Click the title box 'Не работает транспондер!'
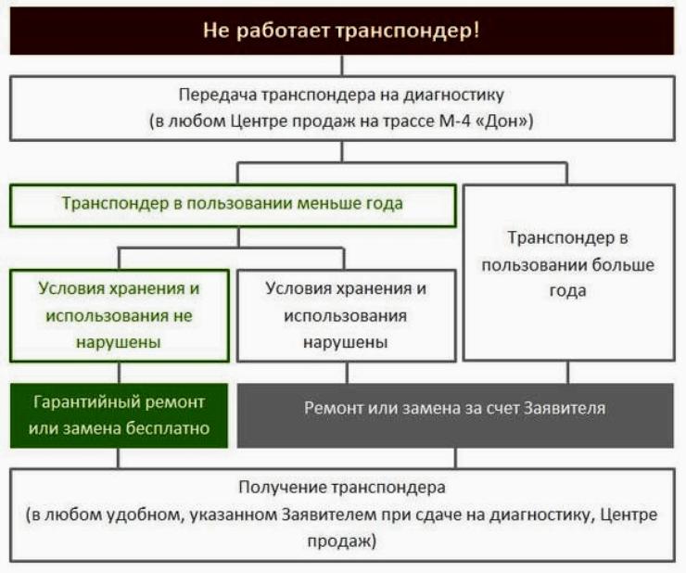(x=342, y=31)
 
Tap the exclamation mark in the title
(x=476, y=31)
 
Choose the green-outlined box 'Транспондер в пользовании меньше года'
(x=233, y=205)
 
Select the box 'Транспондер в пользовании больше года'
(x=569, y=273)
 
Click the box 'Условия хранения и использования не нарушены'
(x=120, y=315)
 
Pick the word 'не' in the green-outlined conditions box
(x=183, y=315)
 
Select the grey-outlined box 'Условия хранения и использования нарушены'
(x=346, y=315)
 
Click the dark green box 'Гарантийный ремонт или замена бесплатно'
(x=119, y=415)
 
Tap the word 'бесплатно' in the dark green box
(x=168, y=428)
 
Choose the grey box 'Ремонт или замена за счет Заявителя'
(x=455, y=415)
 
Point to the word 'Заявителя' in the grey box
(x=565, y=408)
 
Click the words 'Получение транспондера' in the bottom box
(x=342, y=488)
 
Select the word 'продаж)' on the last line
(x=342, y=541)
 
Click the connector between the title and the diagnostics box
(x=342, y=66)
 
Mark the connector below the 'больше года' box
(x=568, y=372)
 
